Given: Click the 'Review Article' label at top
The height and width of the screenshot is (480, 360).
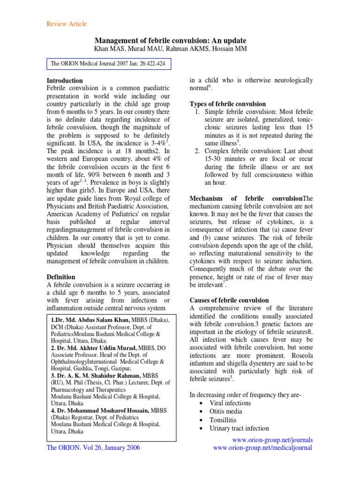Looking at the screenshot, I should (x=66, y=24).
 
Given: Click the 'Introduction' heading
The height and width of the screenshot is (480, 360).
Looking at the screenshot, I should (x=65, y=81).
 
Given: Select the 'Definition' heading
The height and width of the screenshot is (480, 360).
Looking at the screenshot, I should (x=61, y=277).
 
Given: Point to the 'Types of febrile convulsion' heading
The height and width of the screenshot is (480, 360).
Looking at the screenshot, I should (x=227, y=104).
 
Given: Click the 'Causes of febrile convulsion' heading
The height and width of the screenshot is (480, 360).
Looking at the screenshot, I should (x=229, y=300).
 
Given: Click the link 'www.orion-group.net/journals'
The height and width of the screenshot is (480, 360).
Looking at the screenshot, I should (x=272, y=440).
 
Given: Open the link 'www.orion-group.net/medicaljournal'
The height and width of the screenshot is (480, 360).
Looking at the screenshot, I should (x=262, y=448).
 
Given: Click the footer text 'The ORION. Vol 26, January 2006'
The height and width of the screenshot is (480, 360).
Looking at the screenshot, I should (x=93, y=448).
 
